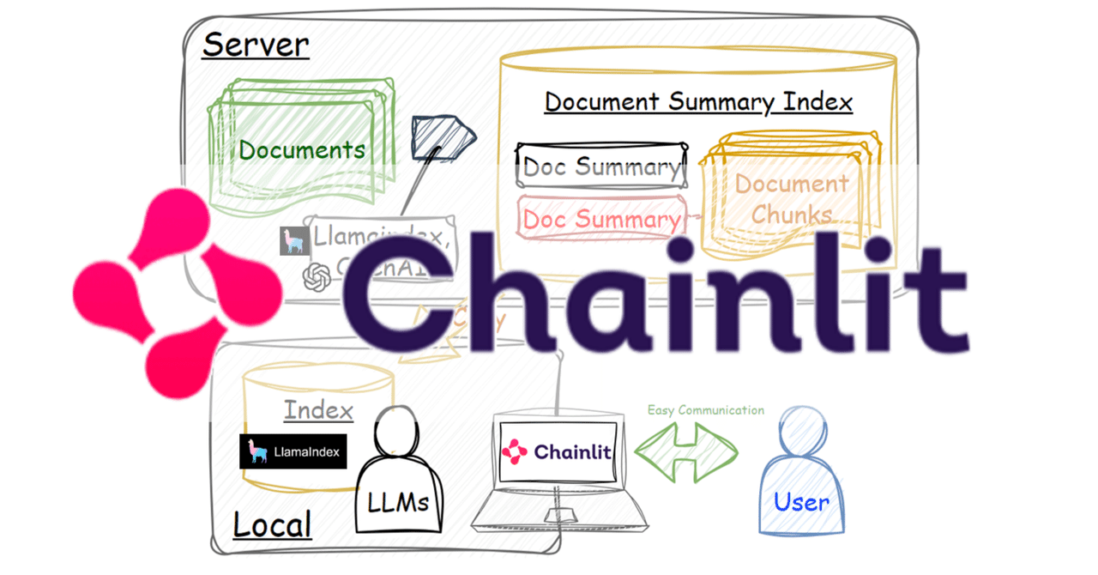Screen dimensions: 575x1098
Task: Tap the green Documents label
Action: (x=301, y=150)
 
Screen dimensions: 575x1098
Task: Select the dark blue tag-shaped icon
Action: (x=442, y=136)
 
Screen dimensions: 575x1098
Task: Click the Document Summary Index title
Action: (x=698, y=101)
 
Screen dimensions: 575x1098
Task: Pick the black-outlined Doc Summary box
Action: (x=601, y=166)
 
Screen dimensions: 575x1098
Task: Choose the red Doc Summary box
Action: (x=601, y=219)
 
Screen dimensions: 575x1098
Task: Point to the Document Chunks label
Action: (x=791, y=199)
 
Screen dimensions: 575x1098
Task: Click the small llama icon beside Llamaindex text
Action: (x=294, y=241)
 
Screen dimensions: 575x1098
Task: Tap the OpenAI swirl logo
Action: (x=317, y=277)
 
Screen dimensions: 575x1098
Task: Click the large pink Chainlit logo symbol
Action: (x=176, y=293)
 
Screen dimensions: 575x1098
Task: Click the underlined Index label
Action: (x=318, y=410)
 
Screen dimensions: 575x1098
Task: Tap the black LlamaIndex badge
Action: (x=293, y=451)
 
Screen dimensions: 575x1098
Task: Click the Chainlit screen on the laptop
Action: (x=559, y=451)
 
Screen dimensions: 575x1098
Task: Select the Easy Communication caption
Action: (x=705, y=410)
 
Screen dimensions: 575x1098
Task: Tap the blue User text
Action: (x=801, y=502)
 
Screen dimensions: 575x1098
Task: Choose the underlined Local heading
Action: (x=272, y=525)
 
